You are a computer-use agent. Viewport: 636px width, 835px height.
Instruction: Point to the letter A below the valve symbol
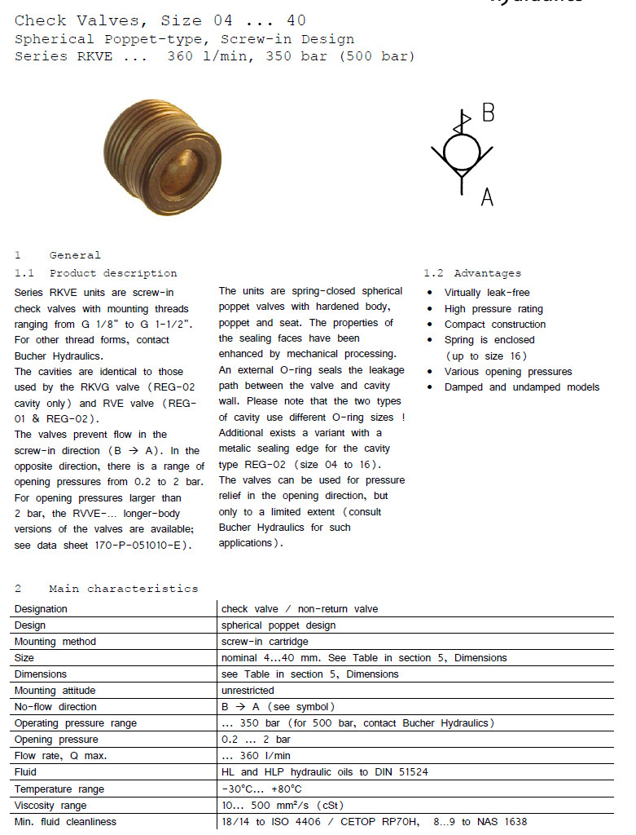pyautogui.click(x=487, y=197)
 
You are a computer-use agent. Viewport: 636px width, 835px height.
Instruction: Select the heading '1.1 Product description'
pyautogui.click(x=95, y=273)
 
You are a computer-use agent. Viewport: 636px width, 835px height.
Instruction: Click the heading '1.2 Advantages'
pyautogui.click(x=472, y=273)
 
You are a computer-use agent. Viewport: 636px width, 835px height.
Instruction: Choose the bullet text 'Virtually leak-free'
pyautogui.click(x=486, y=293)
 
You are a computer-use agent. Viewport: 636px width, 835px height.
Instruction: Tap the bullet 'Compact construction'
pyautogui.click(x=494, y=325)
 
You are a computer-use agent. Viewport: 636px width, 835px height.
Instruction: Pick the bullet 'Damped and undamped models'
pyautogui.click(x=521, y=387)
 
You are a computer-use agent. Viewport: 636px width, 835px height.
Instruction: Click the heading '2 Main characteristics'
pyautogui.click(x=106, y=588)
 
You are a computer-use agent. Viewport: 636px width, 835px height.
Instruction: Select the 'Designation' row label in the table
pyautogui.click(x=41, y=609)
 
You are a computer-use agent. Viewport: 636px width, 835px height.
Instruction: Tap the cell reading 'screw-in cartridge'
pyautogui.click(x=264, y=642)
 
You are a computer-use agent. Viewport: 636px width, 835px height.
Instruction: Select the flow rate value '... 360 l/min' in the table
pyautogui.click(x=257, y=756)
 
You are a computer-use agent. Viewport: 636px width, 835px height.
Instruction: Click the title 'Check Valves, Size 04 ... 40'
pyautogui.click(x=160, y=20)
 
